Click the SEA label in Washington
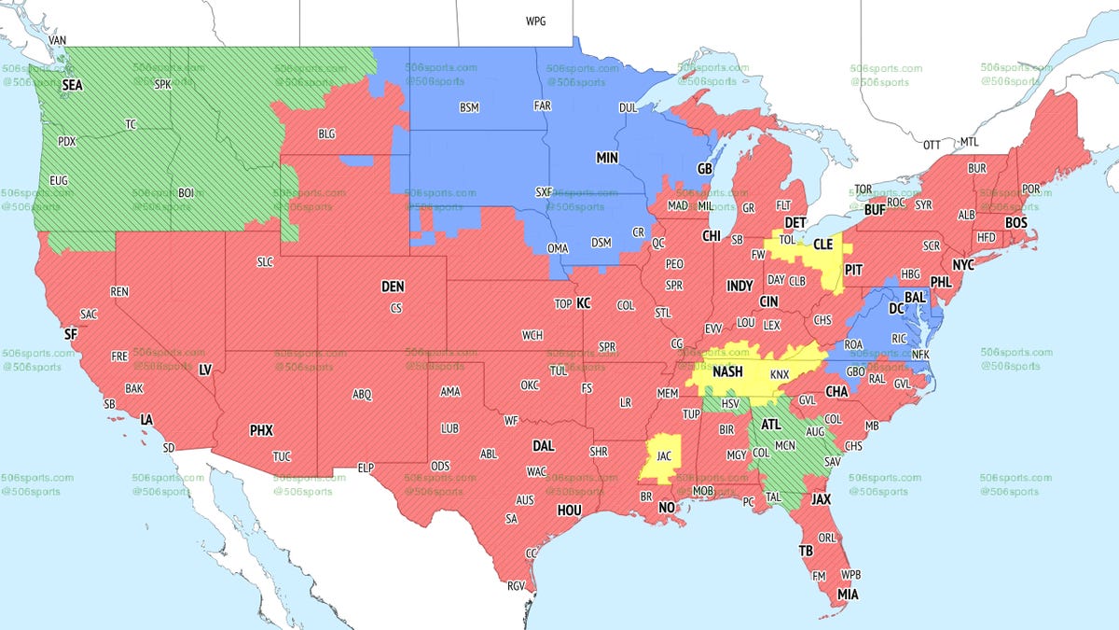pos(72,85)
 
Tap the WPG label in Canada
pos(536,21)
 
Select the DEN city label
pos(394,287)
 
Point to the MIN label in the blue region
pos(608,159)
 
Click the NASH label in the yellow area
pos(726,371)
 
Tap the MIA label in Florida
pos(849,594)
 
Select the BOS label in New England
pos(1015,222)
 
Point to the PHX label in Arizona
pos(261,431)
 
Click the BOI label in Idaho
pos(185,192)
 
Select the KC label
pos(584,303)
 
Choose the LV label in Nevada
pos(205,371)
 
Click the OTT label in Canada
pos(932,145)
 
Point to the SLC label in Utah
pos(265,262)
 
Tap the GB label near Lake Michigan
pos(705,169)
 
